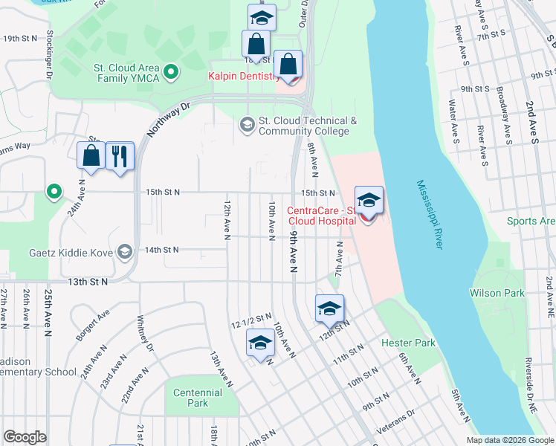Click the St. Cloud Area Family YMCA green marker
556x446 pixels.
click(172, 72)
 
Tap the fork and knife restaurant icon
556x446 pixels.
click(120, 155)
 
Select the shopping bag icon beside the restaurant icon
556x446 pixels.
click(91, 155)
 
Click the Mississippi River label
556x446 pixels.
click(429, 216)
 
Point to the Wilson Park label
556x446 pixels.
click(497, 293)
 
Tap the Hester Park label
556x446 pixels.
click(408, 343)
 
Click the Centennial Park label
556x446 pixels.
click(198, 398)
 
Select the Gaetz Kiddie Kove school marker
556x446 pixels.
click(125, 252)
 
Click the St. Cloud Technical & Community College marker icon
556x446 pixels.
click(247, 125)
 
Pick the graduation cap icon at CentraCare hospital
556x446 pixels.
click(369, 200)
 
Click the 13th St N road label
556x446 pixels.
click(88, 282)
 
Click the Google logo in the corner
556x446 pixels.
click(25, 437)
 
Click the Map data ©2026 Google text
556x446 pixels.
click(509, 440)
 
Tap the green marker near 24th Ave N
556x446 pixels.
click(54, 193)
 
